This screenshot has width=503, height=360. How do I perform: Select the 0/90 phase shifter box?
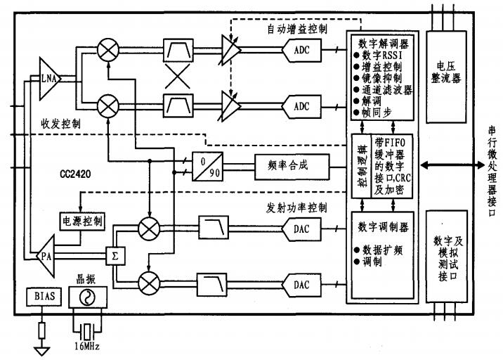(x=206, y=165)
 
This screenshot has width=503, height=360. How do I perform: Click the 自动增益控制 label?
(x=297, y=30)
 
